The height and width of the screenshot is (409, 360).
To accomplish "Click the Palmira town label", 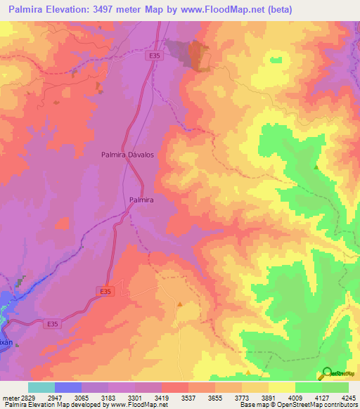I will [x=141, y=200].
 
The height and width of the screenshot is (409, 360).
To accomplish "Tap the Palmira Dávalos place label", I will [x=127, y=154].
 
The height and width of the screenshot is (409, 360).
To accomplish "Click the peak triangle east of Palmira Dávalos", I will [x=316, y=167].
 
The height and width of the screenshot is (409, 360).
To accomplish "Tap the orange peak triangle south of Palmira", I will [x=180, y=304].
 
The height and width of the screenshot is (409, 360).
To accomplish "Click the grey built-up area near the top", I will [x=198, y=55].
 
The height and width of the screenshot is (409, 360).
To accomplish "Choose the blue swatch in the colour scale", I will [x=67, y=387].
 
